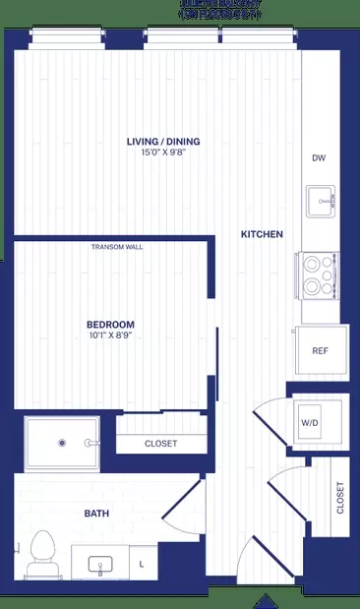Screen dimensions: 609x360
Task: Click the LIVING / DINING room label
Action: [162, 142]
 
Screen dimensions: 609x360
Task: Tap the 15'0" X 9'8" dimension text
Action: [162, 153]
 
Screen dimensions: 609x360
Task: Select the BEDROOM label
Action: [110, 324]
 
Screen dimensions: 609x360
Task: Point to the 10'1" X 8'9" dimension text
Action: [110, 335]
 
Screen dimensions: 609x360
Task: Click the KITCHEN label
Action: [263, 234]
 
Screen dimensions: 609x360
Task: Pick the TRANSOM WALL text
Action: [117, 247]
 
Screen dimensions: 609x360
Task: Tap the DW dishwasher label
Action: [318, 158]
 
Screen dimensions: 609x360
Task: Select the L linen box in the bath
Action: [142, 563]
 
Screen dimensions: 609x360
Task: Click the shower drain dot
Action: [62, 443]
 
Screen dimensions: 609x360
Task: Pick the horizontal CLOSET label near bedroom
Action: [160, 444]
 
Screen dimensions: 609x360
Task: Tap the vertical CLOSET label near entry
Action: [339, 498]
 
